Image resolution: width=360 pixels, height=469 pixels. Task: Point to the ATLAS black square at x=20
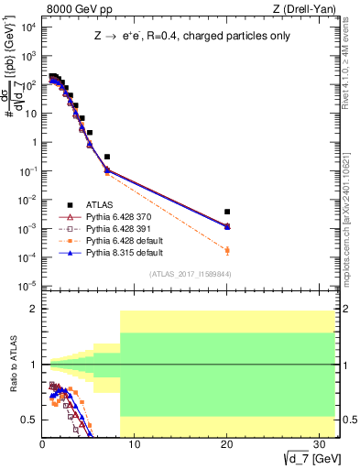(x=227, y=212)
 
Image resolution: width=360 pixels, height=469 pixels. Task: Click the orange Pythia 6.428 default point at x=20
(x=227, y=250)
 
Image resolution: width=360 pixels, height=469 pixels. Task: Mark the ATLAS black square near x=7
(x=107, y=157)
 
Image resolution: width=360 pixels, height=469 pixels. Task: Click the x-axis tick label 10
(x=135, y=446)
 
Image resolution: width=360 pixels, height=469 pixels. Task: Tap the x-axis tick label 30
(x=320, y=446)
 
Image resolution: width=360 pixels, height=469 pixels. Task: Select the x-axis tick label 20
(x=227, y=446)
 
